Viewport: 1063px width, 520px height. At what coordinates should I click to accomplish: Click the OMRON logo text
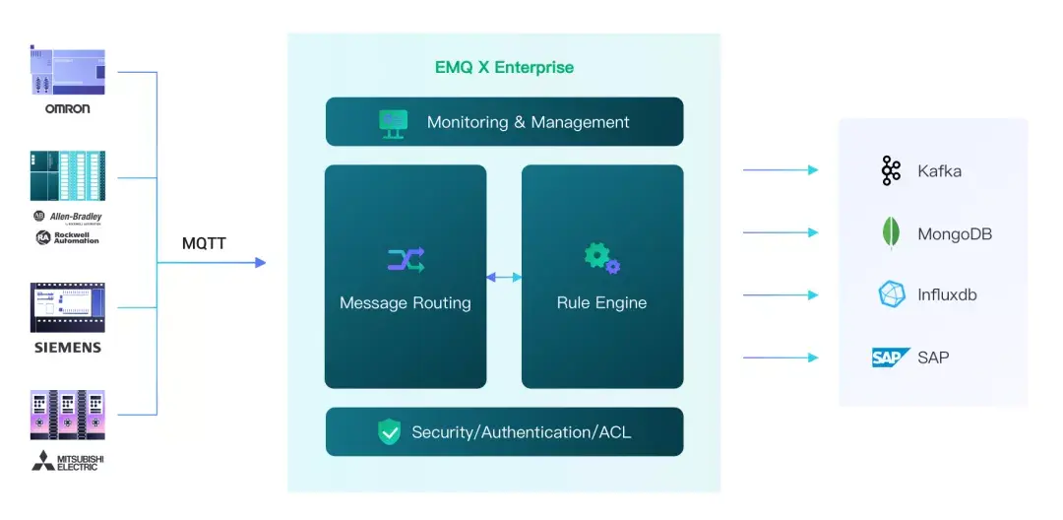pos(67,108)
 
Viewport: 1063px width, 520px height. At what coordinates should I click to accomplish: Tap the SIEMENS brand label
pos(67,348)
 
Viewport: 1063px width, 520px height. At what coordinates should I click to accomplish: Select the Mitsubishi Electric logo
pos(67,460)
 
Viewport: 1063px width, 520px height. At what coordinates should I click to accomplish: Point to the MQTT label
pos(204,243)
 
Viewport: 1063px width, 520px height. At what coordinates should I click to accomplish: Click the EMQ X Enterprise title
pos(504,68)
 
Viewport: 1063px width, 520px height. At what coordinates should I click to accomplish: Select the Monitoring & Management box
pos(504,122)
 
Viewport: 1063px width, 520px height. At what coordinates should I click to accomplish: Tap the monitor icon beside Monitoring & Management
pos(394,122)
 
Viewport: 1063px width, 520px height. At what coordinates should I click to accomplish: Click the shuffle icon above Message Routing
pos(406,260)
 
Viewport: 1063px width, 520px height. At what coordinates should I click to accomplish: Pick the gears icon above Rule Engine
pos(601,258)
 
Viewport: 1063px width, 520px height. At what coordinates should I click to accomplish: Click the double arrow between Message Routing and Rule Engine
pos(504,278)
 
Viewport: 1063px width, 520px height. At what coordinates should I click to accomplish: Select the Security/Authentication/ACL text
pos(522,432)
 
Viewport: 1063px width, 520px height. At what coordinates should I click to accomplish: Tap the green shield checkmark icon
pos(390,431)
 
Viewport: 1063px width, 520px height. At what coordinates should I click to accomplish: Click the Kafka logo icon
pos(891,170)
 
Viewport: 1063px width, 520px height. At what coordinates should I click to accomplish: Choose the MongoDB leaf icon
pos(891,233)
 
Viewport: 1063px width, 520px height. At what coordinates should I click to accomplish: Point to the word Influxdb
pos(947,294)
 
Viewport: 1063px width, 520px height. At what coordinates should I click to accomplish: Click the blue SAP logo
pos(890,357)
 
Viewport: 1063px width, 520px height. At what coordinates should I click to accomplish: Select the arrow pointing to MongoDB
pos(781,232)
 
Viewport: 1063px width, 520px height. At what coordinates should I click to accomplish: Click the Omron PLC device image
pos(67,71)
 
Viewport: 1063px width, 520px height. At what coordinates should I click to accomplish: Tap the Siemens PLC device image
pos(67,307)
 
